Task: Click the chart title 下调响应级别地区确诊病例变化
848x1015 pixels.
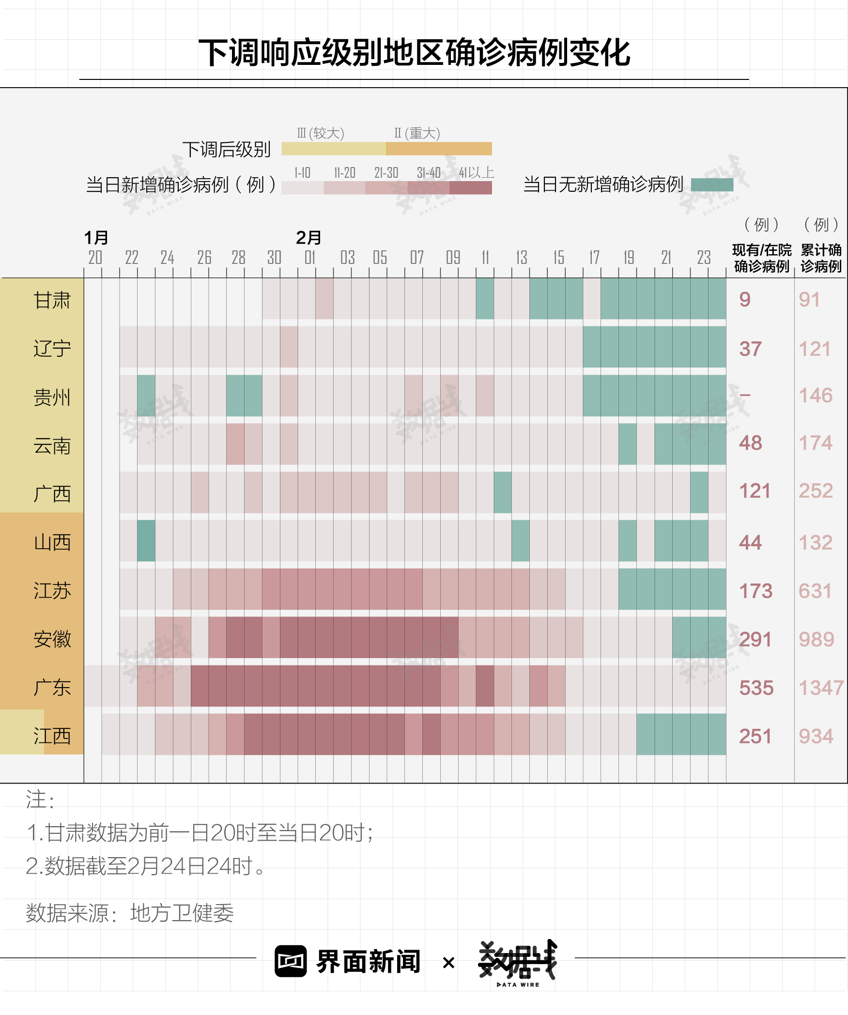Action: click(x=414, y=52)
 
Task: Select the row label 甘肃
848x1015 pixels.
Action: click(x=52, y=300)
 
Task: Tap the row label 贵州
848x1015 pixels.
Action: click(x=52, y=397)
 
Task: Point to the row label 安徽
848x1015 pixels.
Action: click(x=52, y=639)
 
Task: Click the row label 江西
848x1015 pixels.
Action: click(x=52, y=736)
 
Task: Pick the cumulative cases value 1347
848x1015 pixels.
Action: click(x=820, y=688)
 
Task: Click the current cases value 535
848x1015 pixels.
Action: click(x=756, y=688)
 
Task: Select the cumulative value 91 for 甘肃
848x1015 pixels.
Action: click(x=809, y=299)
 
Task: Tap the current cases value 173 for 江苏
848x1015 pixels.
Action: click(x=755, y=591)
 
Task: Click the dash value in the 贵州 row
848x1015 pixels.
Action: click(x=745, y=395)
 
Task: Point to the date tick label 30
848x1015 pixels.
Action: click(x=274, y=258)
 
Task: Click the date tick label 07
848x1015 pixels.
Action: click(x=416, y=258)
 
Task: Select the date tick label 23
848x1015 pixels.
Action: click(x=704, y=258)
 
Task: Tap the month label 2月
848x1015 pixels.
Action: click(x=308, y=238)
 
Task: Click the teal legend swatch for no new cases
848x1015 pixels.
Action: click(x=711, y=185)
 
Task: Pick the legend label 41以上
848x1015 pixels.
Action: click(x=476, y=172)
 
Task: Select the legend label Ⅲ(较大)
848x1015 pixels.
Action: click(x=320, y=133)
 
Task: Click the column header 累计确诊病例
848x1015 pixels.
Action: click(x=821, y=258)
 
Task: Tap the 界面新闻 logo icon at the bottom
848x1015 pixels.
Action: click(x=291, y=961)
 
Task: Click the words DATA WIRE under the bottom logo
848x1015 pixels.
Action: click(x=518, y=984)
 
